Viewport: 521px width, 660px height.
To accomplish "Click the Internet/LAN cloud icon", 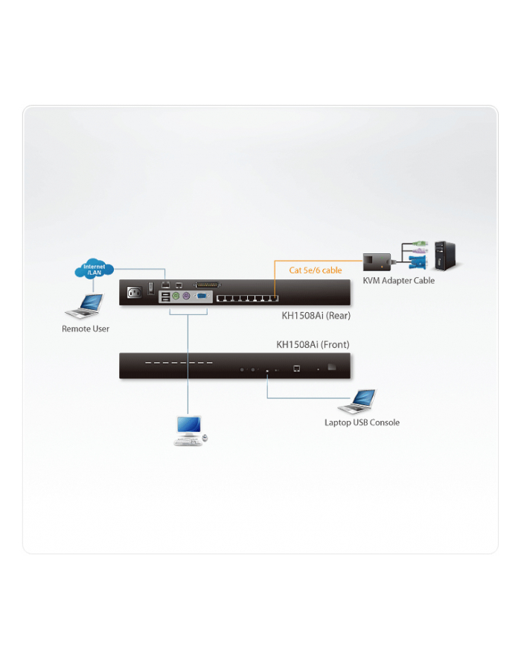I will click(x=94, y=270).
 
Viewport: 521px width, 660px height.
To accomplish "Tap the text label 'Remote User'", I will click(x=86, y=329).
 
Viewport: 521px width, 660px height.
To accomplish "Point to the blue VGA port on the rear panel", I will click(x=201, y=296).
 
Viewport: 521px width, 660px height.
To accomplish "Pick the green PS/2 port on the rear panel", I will click(x=176, y=296).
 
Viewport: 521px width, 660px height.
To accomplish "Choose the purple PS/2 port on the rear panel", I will click(x=188, y=296).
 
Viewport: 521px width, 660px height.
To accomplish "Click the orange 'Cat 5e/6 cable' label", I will click(x=315, y=270).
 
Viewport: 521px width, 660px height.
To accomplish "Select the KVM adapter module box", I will click(x=377, y=262).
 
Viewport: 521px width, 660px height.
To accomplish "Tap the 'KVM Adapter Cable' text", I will click(x=398, y=281).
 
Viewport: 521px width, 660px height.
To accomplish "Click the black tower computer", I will click(x=446, y=255).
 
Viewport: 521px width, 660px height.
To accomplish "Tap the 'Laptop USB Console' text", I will click(x=362, y=422).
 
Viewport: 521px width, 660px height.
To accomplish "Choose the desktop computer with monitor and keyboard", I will click(x=189, y=431).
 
